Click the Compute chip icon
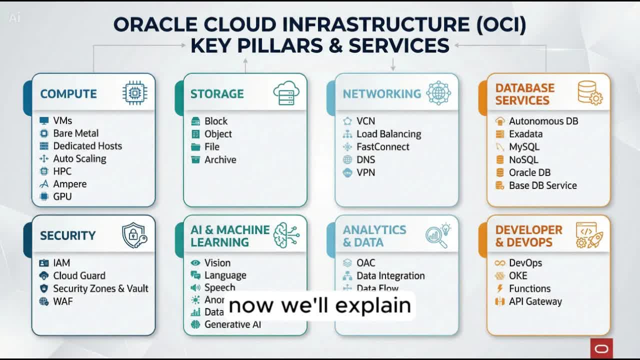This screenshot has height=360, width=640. coord(134,93)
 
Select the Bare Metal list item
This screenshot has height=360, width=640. coord(75,133)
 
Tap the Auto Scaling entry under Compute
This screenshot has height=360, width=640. coord(79,159)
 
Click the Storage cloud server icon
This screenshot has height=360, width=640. coord(286,93)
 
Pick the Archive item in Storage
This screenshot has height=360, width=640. coord(220,160)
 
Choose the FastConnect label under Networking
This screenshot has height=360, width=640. coord(382,147)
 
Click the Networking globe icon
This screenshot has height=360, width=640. coord(438,93)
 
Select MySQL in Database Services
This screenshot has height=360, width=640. coord(524,147)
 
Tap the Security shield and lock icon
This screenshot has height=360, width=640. coord(134,235)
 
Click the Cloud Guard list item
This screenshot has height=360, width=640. coord(79,276)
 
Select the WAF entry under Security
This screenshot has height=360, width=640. coord(62,301)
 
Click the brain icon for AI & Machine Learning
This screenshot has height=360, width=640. coord(286,235)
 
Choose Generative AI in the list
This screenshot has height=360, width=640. coord(232,324)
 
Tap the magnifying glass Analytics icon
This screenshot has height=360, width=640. coord(437,236)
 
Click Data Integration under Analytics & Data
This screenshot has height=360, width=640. coord(390,276)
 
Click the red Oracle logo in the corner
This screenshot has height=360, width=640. coord(601,348)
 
